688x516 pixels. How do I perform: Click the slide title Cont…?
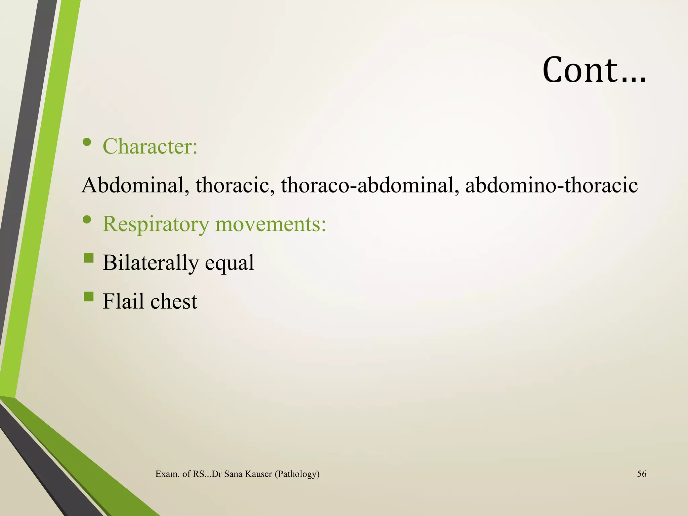pos(594,70)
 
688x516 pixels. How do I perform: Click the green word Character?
pos(150,146)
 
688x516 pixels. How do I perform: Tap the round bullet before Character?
pos(87,142)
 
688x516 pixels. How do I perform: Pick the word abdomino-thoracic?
pos(551,185)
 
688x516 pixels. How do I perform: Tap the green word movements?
pos(271,224)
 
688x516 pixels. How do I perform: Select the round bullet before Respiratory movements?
pos(87,220)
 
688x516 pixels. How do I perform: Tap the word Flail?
pos(123,301)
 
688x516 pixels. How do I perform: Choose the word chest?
pos(174,301)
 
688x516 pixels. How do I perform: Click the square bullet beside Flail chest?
pos(88,296)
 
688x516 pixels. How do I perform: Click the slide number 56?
pos(642,474)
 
